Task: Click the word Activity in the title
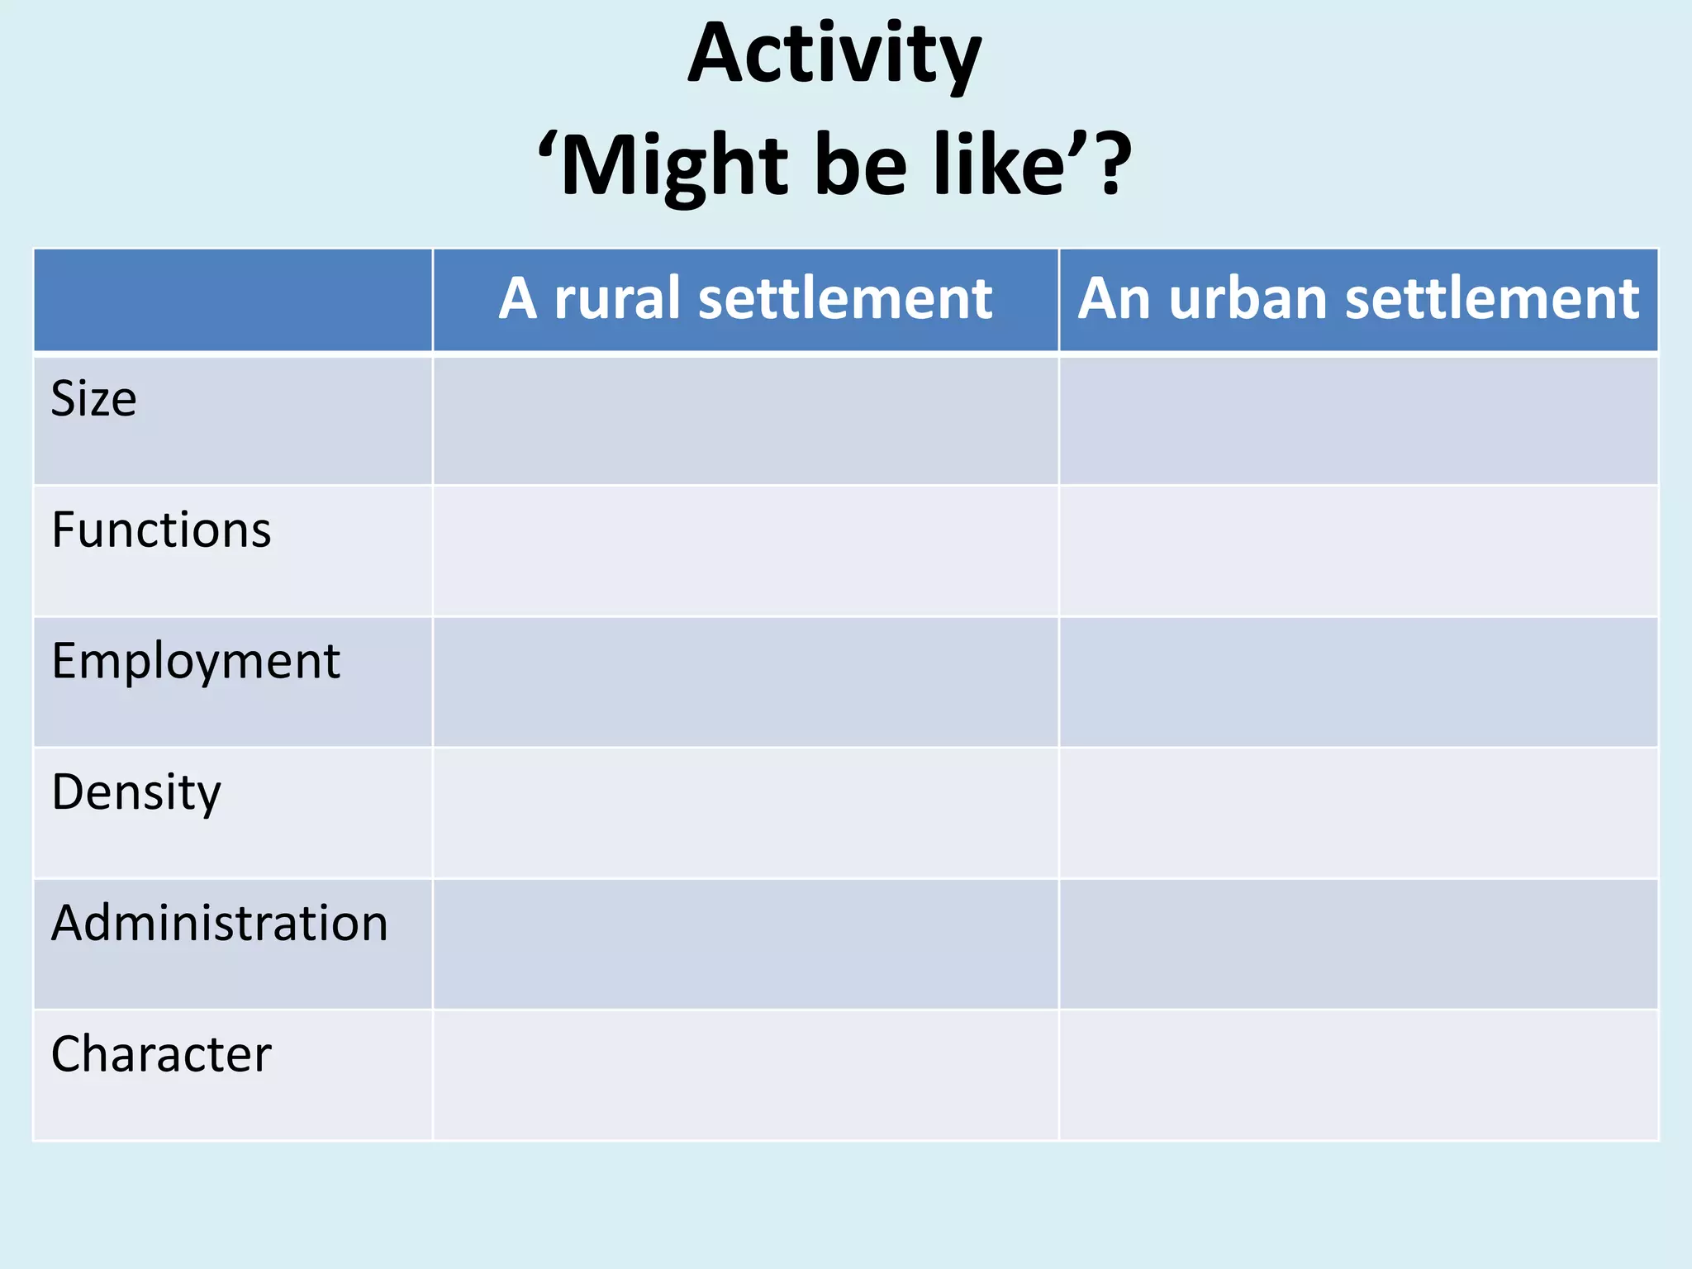click(x=834, y=55)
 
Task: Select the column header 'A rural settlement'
click(x=745, y=298)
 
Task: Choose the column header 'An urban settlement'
click(x=1358, y=298)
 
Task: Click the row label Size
click(x=94, y=399)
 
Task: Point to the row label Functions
click(x=161, y=530)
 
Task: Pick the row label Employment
click(x=196, y=661)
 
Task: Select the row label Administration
click(x=220, y=923)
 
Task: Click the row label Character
click(x=161, y=1054)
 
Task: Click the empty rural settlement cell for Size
click(x=745, y=421)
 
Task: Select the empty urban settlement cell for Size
click(x=1358, y=421)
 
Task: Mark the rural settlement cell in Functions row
click(x=745, y=551)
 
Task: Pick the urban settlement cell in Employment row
click(x=1358, y=682)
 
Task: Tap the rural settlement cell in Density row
click(x=745, y=813)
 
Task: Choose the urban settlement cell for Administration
click(x=1358, y=944)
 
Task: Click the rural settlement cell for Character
click(x=745, y=1075)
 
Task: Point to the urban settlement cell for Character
click(x=1358, y=1075)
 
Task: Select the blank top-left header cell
click(x=233, y=300)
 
